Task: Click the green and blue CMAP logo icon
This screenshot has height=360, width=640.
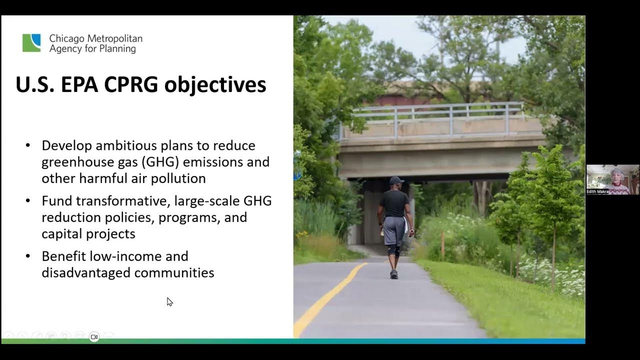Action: pos(31,43)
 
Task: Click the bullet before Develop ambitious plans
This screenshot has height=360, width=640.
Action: pos(28,145)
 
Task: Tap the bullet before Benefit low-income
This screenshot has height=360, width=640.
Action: pos(28,256)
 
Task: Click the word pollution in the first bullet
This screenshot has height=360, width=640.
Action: pos(181,178)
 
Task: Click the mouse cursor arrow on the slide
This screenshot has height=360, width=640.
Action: pos(169,301)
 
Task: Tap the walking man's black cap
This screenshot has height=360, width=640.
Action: pos(395,180)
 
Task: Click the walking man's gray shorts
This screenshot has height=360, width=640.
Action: pos(394,229)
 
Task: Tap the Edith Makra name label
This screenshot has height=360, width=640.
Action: pos(598,191)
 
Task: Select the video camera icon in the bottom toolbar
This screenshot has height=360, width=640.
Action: pos(94,337)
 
